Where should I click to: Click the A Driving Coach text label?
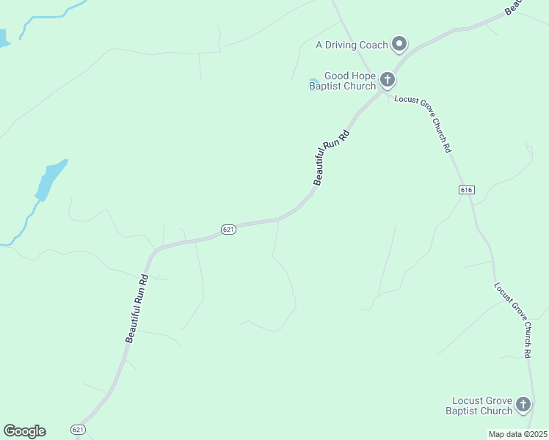(x=351, y=45)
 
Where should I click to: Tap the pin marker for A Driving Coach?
(x=399, y=44)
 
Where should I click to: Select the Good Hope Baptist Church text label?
(x=342, y=81)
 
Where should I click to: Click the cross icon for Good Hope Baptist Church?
(x=388, y=79)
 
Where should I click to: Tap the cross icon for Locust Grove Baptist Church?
(x=523, y=404)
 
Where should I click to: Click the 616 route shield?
(x=466, y=190)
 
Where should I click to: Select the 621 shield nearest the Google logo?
(x=79, y=428)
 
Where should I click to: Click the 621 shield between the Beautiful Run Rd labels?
(x=228, y=230)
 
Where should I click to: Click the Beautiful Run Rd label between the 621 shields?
(x=137, y=308)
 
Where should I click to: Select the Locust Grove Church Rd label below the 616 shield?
(x=512, y=320)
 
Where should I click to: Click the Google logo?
(x=24, y=431)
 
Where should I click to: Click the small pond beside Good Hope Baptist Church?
(x=313, y=81)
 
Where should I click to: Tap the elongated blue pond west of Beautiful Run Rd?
(x=49, y=180)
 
